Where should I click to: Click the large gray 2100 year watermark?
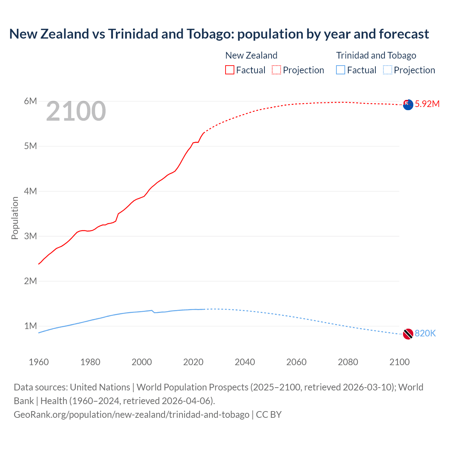(x=76, y=111)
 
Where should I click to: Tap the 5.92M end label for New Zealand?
(x=427, y=104)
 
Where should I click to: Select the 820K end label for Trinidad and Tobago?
(x=425, y=333)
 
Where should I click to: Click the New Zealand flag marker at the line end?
(x=408, y=105)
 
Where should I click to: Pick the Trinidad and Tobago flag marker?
(x=408, y=334)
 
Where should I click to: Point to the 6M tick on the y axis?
(x=31, y=101)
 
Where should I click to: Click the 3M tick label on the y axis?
(x=31, y=236)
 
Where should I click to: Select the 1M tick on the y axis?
(x=31, y=326)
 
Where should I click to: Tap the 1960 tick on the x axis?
(x=39, y=362)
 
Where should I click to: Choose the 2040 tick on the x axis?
(x=245, y=362)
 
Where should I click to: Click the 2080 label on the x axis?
(x=348, y=362)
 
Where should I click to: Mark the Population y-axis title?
(x=15, y=218)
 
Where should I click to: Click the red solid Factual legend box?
(x=229, y=70)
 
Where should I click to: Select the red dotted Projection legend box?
(x=276, y=70)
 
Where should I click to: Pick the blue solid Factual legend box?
(x=341, y=70)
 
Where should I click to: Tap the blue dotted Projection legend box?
(x=388, y=70)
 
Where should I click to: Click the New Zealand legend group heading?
(x=251, y=55)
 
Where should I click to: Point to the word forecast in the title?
(x=404, y=34)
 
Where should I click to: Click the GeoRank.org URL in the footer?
(x=132, y=415)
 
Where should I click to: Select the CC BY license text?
(x=269, y=415)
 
